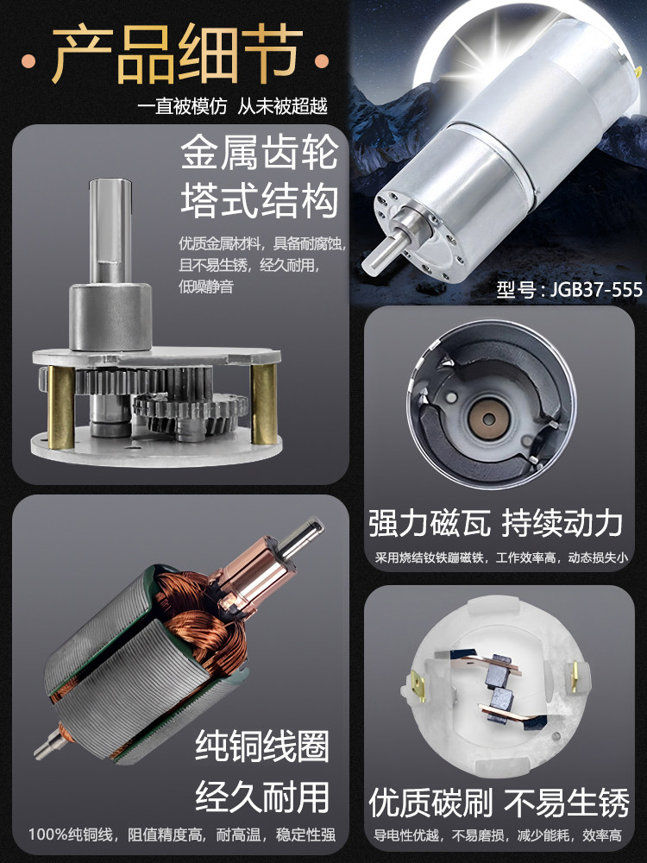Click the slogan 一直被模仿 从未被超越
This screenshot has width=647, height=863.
(232, 105)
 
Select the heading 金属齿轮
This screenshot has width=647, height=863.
(259, 153)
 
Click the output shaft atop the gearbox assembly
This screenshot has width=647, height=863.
(110, 231)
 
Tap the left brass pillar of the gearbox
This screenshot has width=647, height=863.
(60, 406)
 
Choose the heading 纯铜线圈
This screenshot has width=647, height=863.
(262, 746)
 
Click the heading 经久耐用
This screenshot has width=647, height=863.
(262, 797)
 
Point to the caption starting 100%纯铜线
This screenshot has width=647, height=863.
(182, 835)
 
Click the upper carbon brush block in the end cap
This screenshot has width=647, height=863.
(498, 670)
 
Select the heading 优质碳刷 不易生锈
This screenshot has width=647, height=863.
(499, 803)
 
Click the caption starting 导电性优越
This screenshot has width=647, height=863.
(498, 835)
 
